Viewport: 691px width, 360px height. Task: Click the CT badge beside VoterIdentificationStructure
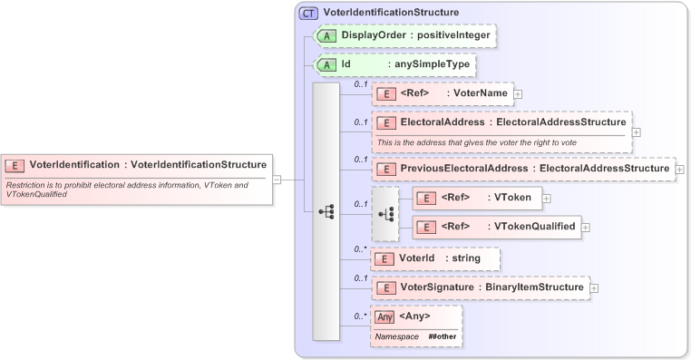coord(308,14)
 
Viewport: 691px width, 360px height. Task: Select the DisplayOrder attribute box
coord(404,35)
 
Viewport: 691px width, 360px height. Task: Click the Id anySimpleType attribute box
coord(394,65)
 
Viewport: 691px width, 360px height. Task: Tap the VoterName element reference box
coord(442,93)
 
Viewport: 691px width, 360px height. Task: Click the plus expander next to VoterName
coord(518,93)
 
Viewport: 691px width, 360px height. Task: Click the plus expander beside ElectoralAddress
coord(637,131)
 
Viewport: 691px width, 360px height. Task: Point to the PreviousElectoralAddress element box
coord(524,169)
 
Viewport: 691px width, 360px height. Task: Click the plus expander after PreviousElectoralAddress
coord(680,169)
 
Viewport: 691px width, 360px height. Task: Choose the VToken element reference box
coord(477,198)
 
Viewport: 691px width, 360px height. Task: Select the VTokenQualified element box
coord(496,228)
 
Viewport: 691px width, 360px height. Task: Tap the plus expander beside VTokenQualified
coord(586,228)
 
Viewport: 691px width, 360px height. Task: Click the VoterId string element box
coord(436,258)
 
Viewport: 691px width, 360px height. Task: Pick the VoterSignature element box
coord(480,287)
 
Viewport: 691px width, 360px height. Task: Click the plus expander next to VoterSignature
coord(594,288)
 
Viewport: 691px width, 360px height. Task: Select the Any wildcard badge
coord(385,316)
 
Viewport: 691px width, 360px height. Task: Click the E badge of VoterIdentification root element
coord(15,165)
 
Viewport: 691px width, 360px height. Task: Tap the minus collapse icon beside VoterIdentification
coord(277,180)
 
